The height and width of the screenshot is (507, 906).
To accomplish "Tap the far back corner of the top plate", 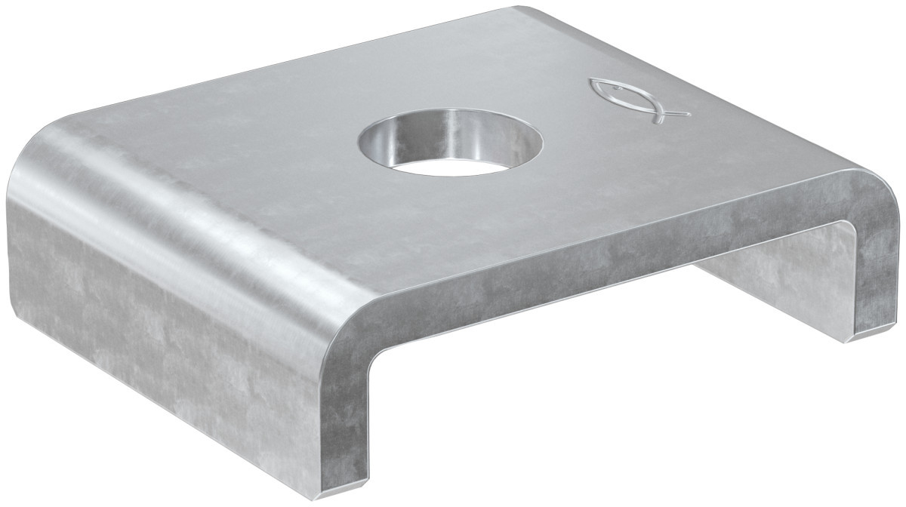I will pos(521,9).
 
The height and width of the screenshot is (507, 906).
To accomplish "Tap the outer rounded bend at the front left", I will pos(332,332).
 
